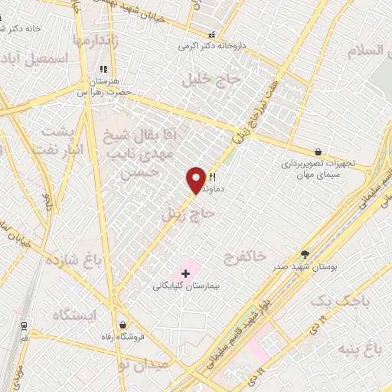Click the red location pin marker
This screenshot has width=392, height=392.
197,180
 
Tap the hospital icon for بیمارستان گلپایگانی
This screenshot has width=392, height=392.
185,273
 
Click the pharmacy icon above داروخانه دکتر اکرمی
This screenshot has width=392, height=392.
212,35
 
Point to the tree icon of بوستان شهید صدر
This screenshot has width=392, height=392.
305,255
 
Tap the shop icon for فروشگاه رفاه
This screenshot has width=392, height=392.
122,325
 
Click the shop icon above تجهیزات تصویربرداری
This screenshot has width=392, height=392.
318,152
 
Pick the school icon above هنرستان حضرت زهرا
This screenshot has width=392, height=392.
103,70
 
